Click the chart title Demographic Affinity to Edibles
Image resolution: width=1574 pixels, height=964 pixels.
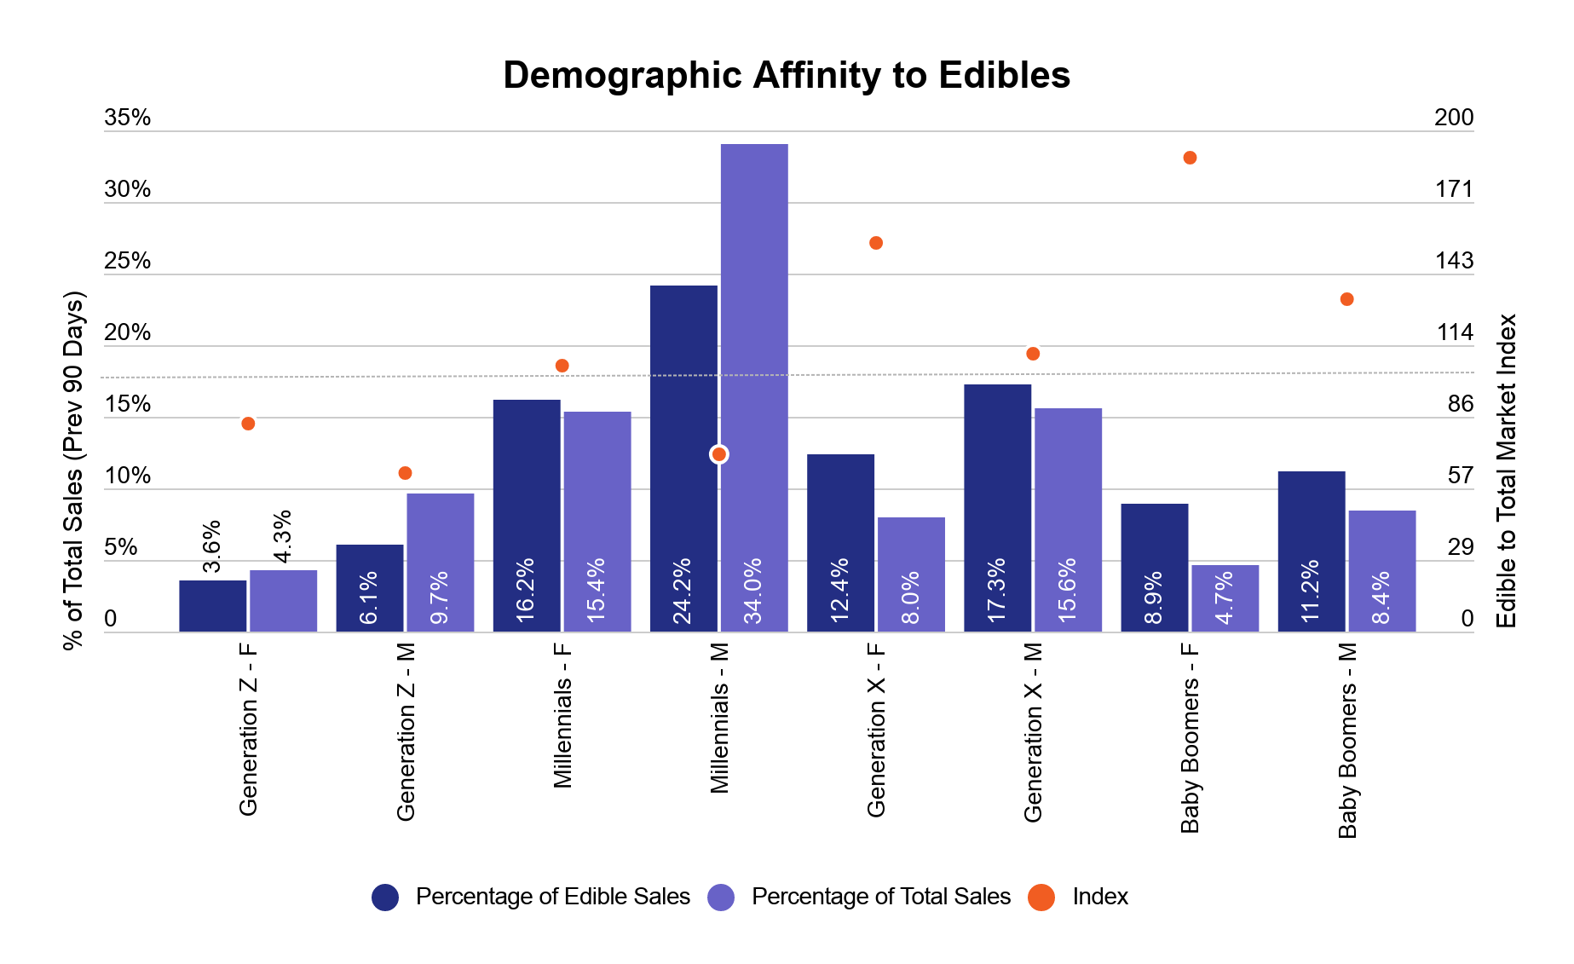786,75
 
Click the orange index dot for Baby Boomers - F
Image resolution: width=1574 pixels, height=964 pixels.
1190,158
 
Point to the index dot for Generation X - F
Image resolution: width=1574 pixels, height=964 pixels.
875,243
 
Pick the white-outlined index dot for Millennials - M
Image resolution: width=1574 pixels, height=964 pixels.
718,454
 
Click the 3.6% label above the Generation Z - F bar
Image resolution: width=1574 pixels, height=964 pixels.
211,546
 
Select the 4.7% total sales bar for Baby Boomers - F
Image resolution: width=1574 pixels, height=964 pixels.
1225,597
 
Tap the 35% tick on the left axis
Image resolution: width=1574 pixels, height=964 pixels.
127,118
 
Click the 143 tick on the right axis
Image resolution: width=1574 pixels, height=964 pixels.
1454,261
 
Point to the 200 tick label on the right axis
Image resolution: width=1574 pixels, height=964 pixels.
1454,118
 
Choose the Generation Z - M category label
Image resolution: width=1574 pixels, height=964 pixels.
406,731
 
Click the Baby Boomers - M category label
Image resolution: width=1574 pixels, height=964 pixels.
1347,740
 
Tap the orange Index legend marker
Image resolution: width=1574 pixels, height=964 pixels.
1041,897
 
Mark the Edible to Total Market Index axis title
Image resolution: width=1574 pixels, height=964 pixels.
1507,470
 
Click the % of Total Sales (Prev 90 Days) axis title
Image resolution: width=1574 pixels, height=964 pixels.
73,470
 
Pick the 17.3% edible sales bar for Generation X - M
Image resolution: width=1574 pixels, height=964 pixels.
997,508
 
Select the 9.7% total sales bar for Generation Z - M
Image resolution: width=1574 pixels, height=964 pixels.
440,563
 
